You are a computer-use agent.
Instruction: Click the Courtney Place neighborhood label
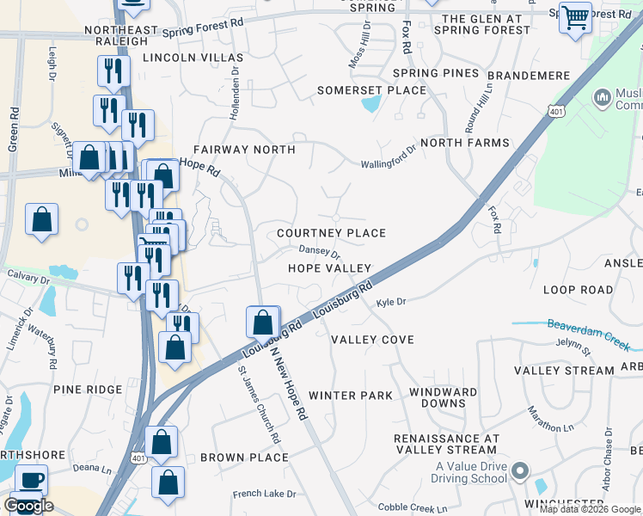331,233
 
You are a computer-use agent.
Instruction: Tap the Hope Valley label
328,269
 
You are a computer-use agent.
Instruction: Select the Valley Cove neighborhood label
373,340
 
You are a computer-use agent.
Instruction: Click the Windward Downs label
443,397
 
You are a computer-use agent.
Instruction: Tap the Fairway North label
244,150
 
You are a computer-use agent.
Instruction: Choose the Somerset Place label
371,90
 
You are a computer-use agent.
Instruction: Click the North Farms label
464,143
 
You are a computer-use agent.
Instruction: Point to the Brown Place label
244,458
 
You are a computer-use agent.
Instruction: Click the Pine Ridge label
88,390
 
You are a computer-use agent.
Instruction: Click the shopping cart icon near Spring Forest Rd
574,17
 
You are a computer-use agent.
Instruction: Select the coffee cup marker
31,480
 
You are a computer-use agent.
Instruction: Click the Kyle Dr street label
391,303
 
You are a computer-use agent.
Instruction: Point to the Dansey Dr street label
320,252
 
